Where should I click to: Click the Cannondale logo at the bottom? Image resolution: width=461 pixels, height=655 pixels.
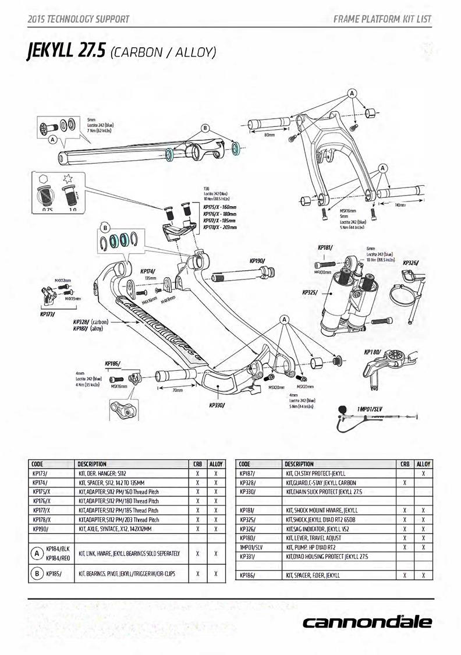[367, 622]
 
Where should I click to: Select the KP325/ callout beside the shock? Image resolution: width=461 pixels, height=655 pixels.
[310, 292]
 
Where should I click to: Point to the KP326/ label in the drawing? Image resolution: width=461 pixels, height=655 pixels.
[411, 263]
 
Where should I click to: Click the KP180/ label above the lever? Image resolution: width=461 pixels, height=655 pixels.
[373, 352]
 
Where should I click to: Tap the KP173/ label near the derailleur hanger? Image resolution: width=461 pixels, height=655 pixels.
[47, 313]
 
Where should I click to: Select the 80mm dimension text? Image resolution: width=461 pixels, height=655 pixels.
[269, 135]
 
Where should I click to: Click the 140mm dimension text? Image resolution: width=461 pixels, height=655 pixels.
[400, 205]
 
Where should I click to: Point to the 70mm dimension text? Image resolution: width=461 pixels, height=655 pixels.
[178, 391]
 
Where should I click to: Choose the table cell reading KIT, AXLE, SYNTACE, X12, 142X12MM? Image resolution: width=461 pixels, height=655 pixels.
[115, 529]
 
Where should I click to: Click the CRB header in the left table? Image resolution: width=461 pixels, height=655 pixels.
[198, 464]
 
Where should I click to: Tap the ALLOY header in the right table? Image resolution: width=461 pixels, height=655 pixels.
[423, 464]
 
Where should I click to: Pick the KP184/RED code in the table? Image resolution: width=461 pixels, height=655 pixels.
[57, 558]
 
